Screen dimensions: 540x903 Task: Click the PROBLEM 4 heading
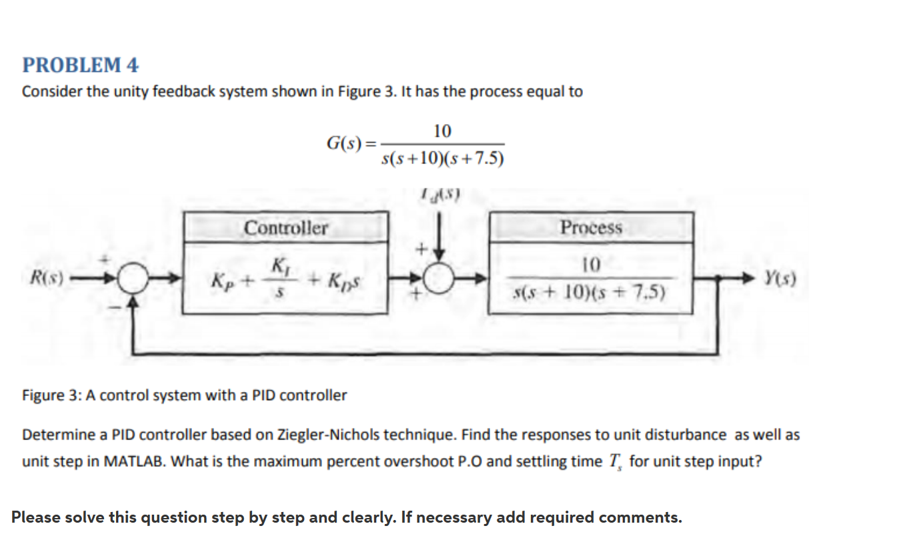point(81,65)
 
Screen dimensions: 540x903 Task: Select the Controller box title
point(285,228)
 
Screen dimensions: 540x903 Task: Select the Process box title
point(591,228)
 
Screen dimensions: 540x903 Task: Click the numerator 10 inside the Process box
point(591,265)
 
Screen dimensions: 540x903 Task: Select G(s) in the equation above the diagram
point(346,143)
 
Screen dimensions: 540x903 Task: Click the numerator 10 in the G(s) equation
point(442,130)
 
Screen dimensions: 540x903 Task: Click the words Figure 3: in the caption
point(52,395)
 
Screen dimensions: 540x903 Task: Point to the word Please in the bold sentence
point(35,517)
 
